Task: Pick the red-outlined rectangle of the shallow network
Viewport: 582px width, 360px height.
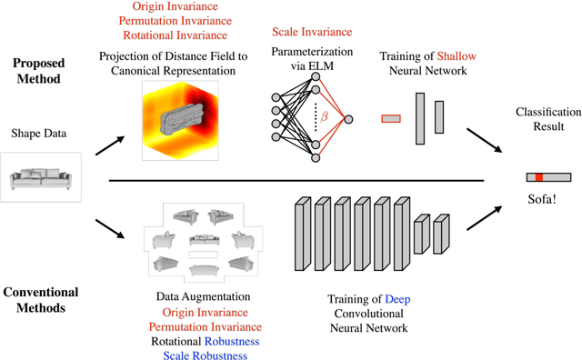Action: pyautogui.click(x=391, y=117)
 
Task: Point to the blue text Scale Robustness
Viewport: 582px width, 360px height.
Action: pyautogui.click(x=211, y=355)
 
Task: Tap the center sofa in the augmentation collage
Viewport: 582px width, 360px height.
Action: pyautogui.click(x=211, y=241)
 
